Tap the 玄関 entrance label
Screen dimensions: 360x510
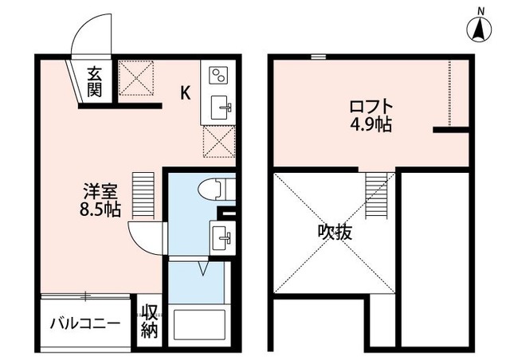point(95,82)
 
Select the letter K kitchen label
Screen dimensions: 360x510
point(184,92)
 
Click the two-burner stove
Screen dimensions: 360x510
point(218,76)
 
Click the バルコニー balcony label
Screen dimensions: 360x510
point(84,324)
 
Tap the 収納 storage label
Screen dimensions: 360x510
point(150,322)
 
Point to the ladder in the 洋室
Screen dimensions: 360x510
point(142,196)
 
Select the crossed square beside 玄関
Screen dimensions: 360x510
point(137,80)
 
